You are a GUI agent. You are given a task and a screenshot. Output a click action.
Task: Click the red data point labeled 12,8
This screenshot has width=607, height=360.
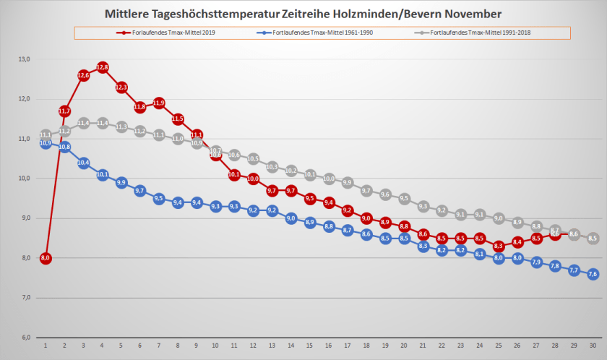(x=102, y=67)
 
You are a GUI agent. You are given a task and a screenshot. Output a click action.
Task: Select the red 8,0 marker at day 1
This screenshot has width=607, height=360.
(x=46, y=258)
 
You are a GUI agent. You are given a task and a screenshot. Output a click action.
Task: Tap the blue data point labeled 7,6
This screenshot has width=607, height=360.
(x=593, y=274)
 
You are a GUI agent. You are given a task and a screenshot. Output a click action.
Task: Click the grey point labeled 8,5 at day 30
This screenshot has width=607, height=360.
(x=593, y=239)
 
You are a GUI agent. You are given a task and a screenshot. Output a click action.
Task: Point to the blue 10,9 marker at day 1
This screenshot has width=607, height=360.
(x=46, y=143)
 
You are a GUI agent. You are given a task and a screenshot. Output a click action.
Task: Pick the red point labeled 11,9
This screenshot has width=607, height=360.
(x=158, y=103)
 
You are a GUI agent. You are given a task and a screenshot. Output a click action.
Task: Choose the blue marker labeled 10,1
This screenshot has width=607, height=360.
(x=102, y=175)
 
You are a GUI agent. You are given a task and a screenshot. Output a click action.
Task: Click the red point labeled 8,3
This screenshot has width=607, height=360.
(x=499, y=246)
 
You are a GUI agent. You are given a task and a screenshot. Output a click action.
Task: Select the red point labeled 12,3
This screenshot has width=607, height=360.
(x=121, y=87)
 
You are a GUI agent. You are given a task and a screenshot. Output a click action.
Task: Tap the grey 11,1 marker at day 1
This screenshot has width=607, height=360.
(x=46, y=135)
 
